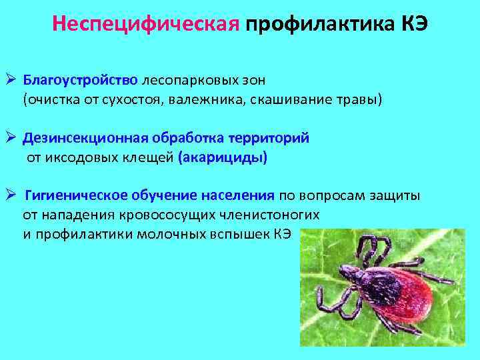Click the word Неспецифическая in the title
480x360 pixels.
(x=146, y=25)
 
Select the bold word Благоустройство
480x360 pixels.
(x=81, y=81)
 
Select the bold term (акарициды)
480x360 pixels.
(x=223, y=157)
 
